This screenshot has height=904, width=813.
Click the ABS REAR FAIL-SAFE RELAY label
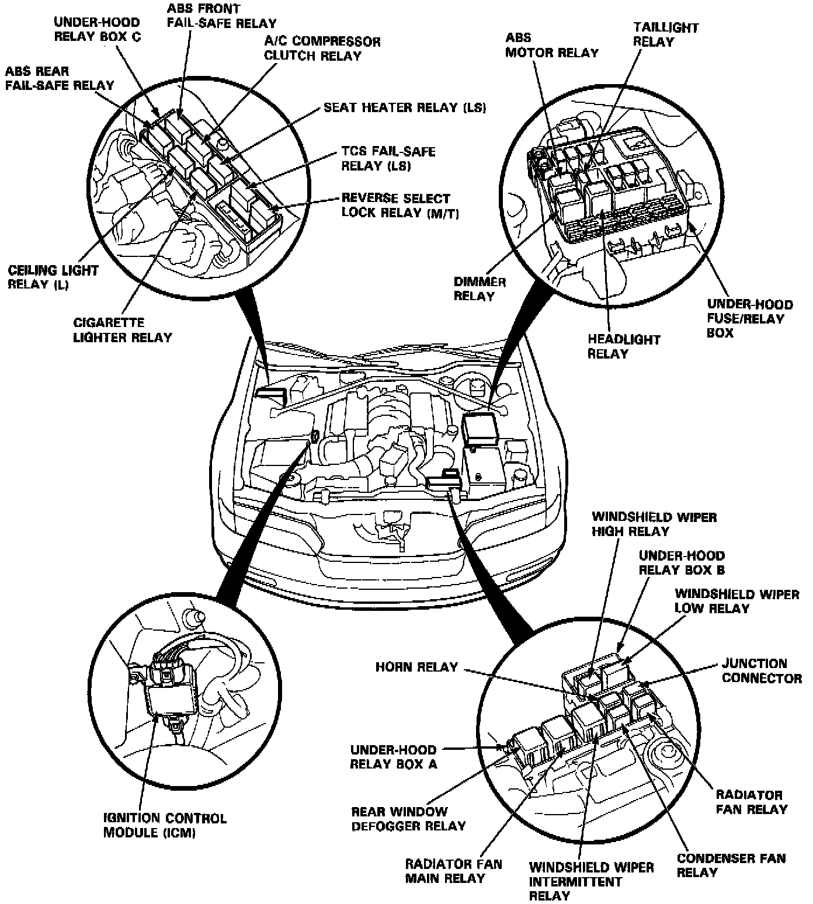pyautogui.click(x=60, y=78)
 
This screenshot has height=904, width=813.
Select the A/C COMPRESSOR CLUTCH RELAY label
pyautogui.click(x=322, y=48)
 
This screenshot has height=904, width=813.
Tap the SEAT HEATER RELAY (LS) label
pyautogui.click(x=405, y=107)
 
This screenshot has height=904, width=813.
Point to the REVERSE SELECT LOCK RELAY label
pyautogui.click(x=399, y=206)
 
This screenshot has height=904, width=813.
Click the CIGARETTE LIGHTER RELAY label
pyautogui.click(x=123, y=330)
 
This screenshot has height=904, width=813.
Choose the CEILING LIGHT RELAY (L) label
pyautogui.click(x=53, y=278)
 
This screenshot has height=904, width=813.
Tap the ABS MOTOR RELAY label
pyautogui.click(x=551, y=45)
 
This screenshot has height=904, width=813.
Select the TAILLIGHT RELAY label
pyautogui.click(x=665, y=34)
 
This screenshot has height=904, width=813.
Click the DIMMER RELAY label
pyautogui.click(x=480, y=289)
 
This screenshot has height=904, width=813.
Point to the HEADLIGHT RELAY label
pyautogui.click(x=623, y=346)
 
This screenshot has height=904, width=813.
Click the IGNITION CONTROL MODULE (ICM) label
pyautogui.click(x=164, y=825)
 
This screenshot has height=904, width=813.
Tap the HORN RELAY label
pyautogui.click(x=416, y=667)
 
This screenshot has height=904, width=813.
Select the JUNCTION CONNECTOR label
pyautogui.click(x=762, y=671)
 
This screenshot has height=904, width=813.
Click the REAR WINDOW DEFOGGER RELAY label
pyautogui.click(x=408, y=819)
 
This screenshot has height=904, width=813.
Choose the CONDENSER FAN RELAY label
pyautogui.click(x=731, y=865)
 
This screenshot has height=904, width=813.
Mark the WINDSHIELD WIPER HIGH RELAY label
pyautogui.click(x=654, y=524)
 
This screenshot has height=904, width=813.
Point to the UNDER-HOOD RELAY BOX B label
pyautogui.click(x=681, y=563)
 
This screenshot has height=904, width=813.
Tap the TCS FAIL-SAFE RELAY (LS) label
pyautogui.click(x=388, y=158)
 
